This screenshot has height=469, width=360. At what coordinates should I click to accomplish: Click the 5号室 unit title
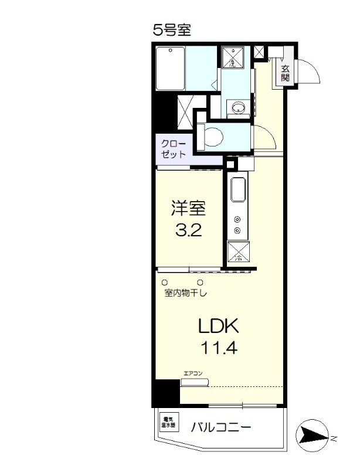tap(172, 30)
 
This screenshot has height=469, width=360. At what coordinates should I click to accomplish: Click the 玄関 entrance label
tap(285, 73)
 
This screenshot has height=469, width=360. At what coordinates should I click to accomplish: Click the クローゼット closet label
tap(174, 149)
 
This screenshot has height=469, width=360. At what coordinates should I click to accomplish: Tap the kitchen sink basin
tap(239, 191)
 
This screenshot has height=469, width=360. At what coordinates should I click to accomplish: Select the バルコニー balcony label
tap(222, 427)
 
